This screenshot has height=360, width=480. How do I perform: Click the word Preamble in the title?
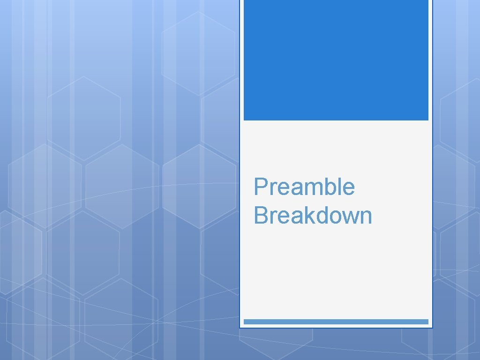(x=304, y=187)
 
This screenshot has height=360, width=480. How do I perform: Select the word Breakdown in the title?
(x=313, y=216)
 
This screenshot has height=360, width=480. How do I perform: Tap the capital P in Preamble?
(x=260, y=187)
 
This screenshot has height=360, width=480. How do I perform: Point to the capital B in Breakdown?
(x=260, y=216)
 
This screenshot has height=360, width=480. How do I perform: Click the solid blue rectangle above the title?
(x=336, y=60)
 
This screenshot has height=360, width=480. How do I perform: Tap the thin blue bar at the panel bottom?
(x=336, y=322)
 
